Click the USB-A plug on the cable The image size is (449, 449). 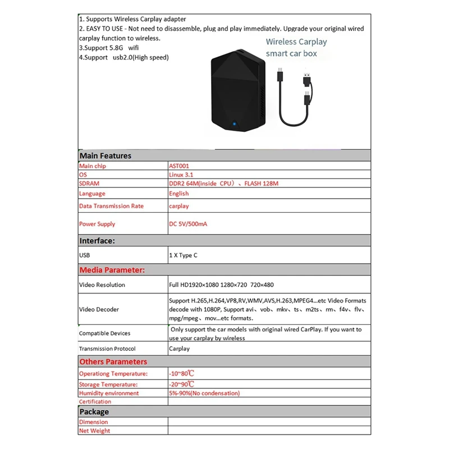[308, 76]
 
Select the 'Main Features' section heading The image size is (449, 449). [106, 156]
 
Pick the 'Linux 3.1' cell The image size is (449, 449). [183, 175]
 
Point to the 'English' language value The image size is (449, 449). [179, 194]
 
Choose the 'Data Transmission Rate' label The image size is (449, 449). [111, 206]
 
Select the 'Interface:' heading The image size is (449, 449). [98, 241]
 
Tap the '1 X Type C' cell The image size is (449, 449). [183, 255]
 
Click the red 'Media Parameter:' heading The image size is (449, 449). [112, 270]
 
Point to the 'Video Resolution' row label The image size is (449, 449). [102, 285]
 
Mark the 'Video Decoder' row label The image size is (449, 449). [99, 309]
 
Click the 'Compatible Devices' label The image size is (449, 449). [104, 333]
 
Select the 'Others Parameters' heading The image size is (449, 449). [113, 362]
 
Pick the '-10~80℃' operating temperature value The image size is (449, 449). [182, 373]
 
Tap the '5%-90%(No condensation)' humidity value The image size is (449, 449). [204, 393]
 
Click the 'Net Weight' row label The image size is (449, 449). [95, 431]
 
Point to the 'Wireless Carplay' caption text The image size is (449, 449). [296, 42]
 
